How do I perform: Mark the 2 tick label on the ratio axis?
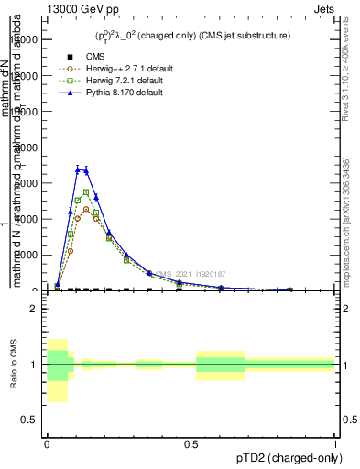pyautogui.click(x=34, y=309)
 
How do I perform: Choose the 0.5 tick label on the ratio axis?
pyautogui.click(x=29, y=420)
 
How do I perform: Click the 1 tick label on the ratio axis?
pyautogui.click(x=34, y=365)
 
